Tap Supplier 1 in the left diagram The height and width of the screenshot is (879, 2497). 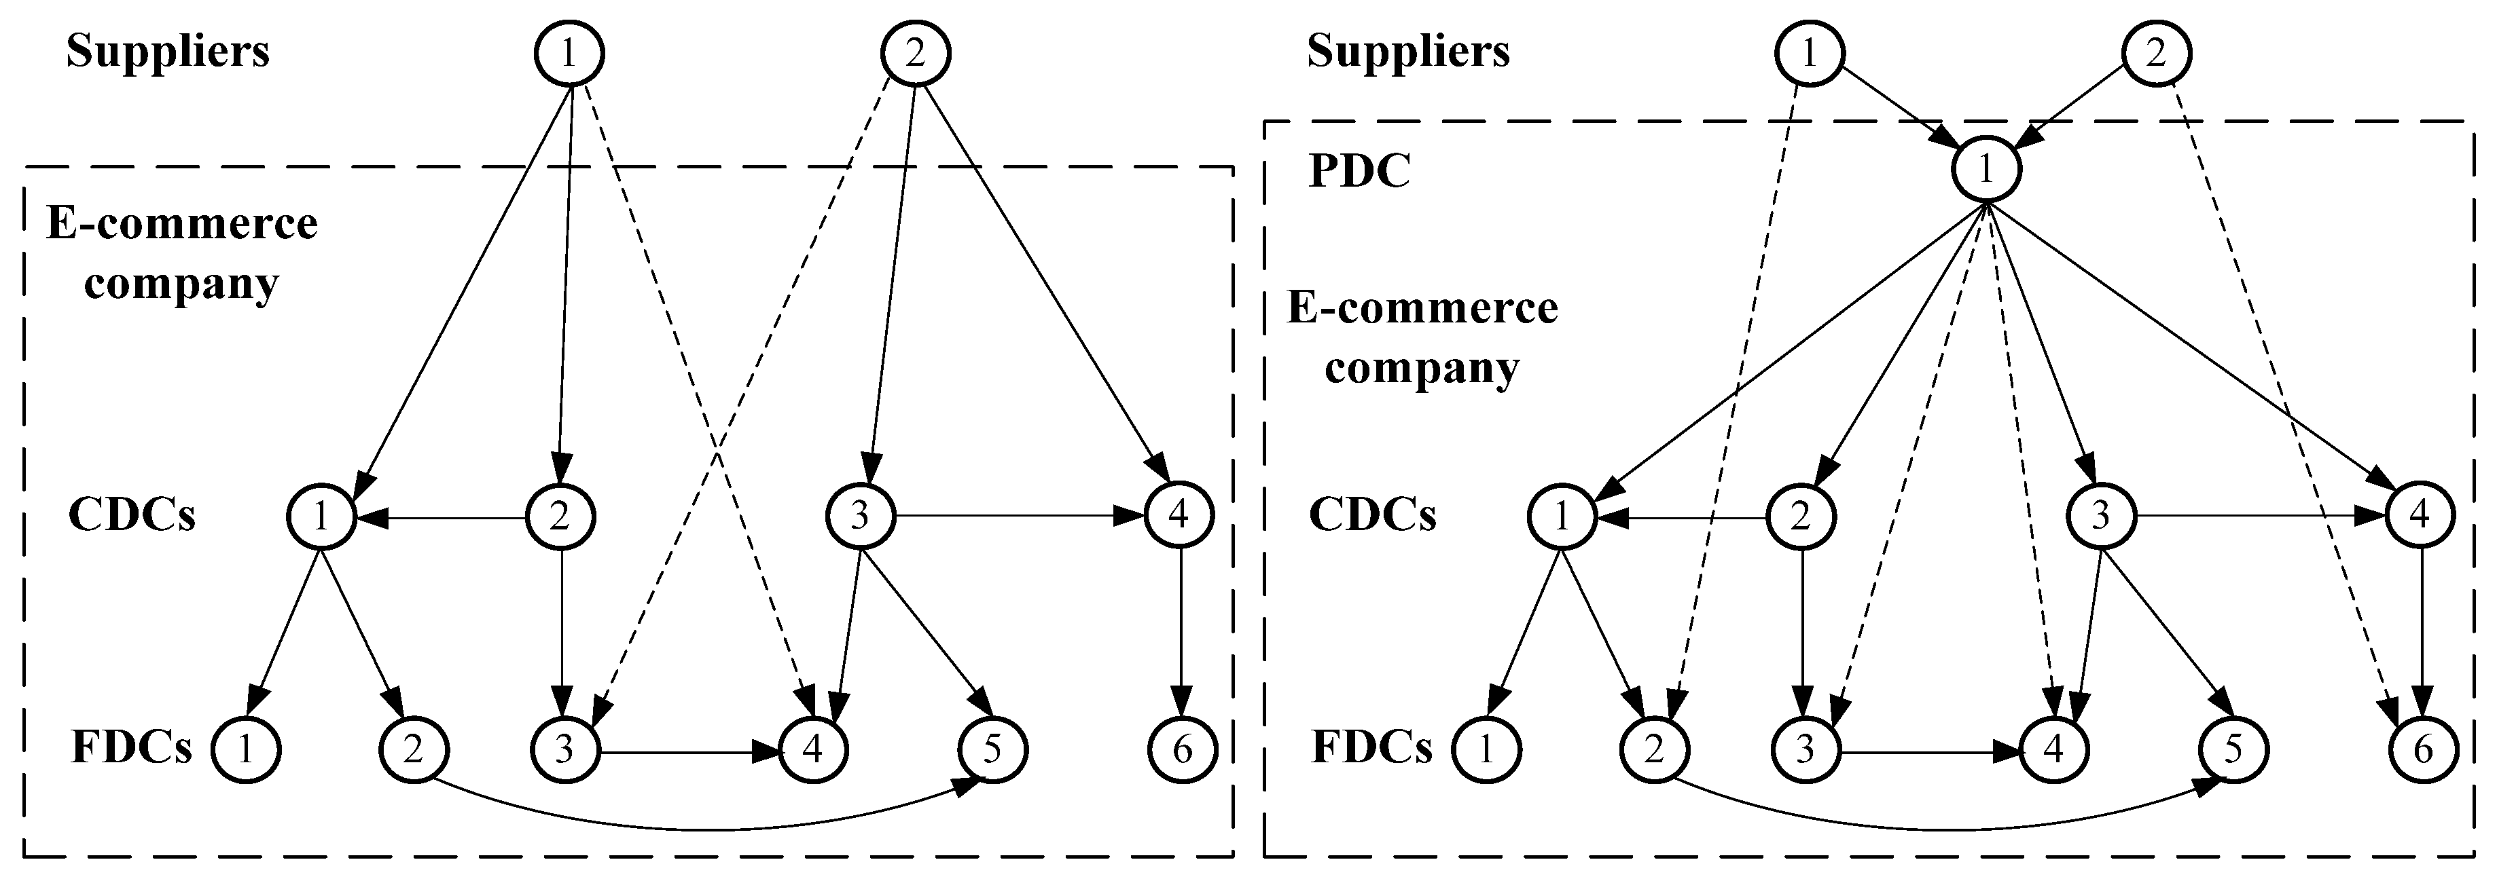(570, 54)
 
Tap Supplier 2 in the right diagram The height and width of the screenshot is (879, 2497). (2157, 54)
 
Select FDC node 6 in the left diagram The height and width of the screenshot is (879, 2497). (1183, 749)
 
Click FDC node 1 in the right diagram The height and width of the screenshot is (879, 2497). (1487, 749)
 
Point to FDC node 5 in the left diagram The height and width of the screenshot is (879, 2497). (992, 749)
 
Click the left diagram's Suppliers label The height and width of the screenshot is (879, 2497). (168, 52)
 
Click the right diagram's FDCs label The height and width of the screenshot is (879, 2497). (1371, 748)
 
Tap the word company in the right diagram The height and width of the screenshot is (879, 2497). (1421, 369)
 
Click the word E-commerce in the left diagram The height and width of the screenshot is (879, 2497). (182, 225)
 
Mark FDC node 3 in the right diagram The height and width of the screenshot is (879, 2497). (1805, 749)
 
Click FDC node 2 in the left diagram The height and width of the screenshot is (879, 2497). (413, 749)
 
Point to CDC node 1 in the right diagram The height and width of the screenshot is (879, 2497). (1562, 516)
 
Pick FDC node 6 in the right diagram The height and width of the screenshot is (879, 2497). (2422, 749)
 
